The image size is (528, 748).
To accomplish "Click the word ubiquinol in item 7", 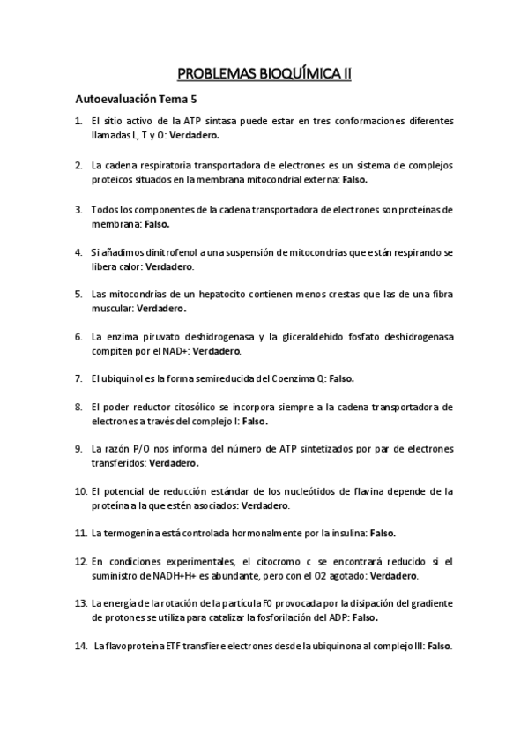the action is click(x=123, y=378).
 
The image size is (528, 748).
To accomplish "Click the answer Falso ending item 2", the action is click(x=353, y=178).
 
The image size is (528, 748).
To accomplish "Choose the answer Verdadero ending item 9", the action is click(x=174, y=462).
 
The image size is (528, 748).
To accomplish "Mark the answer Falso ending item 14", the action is click(x=439, y=646).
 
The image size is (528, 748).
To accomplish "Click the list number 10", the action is click(x=79, y=490).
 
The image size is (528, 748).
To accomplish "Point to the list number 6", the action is click(x=79, y=336).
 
